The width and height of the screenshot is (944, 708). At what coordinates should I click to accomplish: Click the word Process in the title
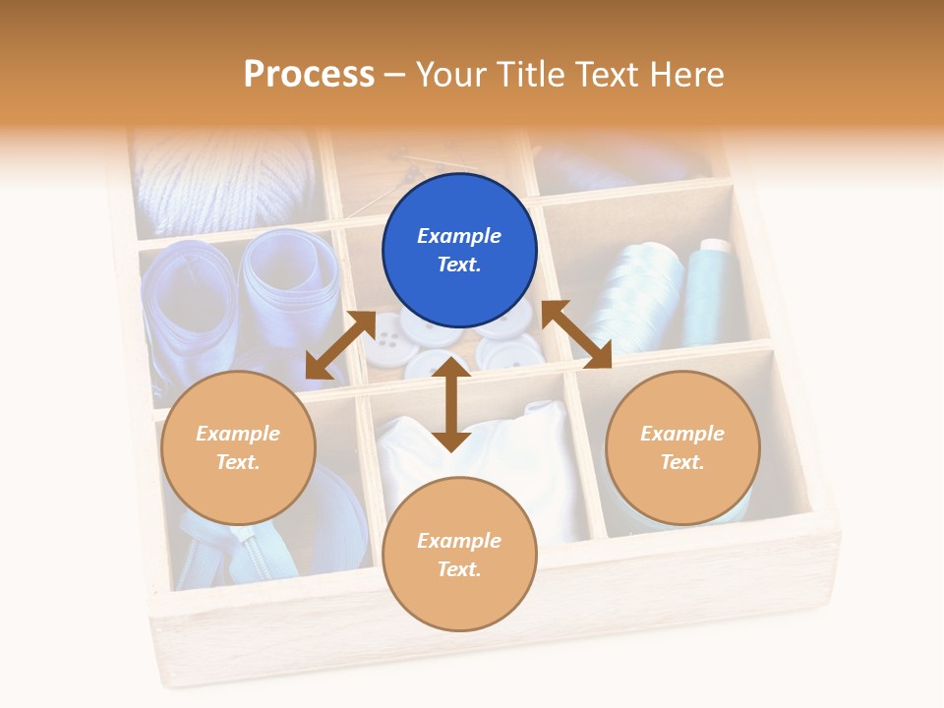309,74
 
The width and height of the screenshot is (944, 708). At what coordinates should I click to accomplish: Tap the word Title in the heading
529,74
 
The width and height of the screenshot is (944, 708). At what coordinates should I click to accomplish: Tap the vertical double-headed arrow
451,404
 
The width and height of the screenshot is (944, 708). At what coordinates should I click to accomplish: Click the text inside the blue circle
459,250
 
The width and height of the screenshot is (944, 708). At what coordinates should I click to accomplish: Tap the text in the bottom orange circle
459,555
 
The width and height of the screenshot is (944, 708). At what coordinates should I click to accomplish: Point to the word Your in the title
452,74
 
